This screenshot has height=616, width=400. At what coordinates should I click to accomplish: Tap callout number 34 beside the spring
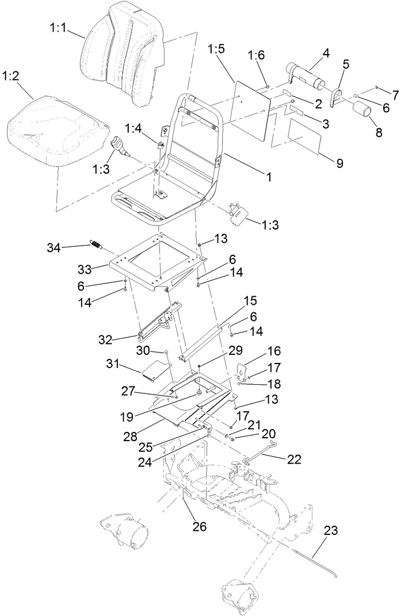[54, 247]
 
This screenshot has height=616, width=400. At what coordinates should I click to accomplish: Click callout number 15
[250, 301]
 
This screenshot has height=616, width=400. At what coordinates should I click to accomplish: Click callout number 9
[340, 163]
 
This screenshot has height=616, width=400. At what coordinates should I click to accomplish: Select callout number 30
[143, 350]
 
